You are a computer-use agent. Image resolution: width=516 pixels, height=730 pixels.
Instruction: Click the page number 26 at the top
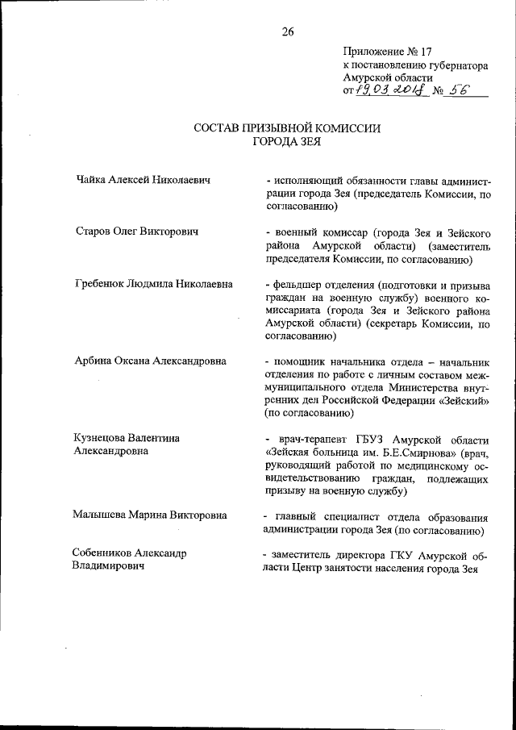coord(288,31)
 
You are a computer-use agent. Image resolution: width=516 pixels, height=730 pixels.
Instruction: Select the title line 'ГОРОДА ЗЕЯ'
coord(288,141)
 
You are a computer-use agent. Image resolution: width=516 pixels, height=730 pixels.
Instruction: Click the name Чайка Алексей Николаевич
coord(143,180)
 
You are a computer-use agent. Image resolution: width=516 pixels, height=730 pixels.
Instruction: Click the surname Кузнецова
coord(106,437)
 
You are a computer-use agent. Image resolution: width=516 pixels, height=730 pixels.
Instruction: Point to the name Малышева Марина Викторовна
coord(151,514)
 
